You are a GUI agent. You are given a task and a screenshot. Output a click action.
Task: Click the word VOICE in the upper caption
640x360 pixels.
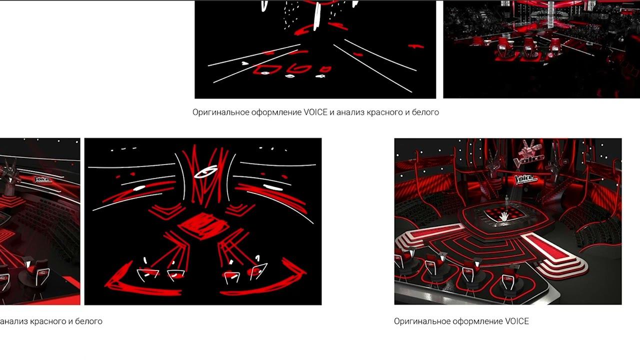point(315,112)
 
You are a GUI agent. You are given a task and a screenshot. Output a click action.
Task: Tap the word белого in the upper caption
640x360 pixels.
point(425,112)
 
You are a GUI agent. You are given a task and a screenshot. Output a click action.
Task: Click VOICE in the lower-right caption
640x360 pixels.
point(517,321)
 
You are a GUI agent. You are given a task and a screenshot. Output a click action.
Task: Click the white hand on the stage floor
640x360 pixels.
point(504,216)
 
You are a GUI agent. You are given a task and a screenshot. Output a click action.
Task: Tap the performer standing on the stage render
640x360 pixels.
point(506,201)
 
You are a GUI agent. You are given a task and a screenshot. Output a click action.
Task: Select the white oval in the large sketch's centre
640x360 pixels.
point(205,171)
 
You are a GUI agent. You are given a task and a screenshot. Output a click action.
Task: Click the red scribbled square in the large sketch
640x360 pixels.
point(203,225)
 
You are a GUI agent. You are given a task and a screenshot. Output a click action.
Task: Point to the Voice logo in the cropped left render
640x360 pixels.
point(43,179)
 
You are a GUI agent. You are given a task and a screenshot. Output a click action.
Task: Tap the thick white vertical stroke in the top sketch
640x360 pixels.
point(317,15)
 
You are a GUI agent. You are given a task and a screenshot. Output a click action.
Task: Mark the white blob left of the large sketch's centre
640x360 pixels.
point(139,188)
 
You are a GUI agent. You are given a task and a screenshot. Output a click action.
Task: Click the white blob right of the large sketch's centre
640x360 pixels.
point(272,187)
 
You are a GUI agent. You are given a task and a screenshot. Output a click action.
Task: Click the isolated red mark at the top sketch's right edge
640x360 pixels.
point(416,46)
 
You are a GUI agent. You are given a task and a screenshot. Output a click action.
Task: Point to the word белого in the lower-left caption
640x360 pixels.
point(88,321)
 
